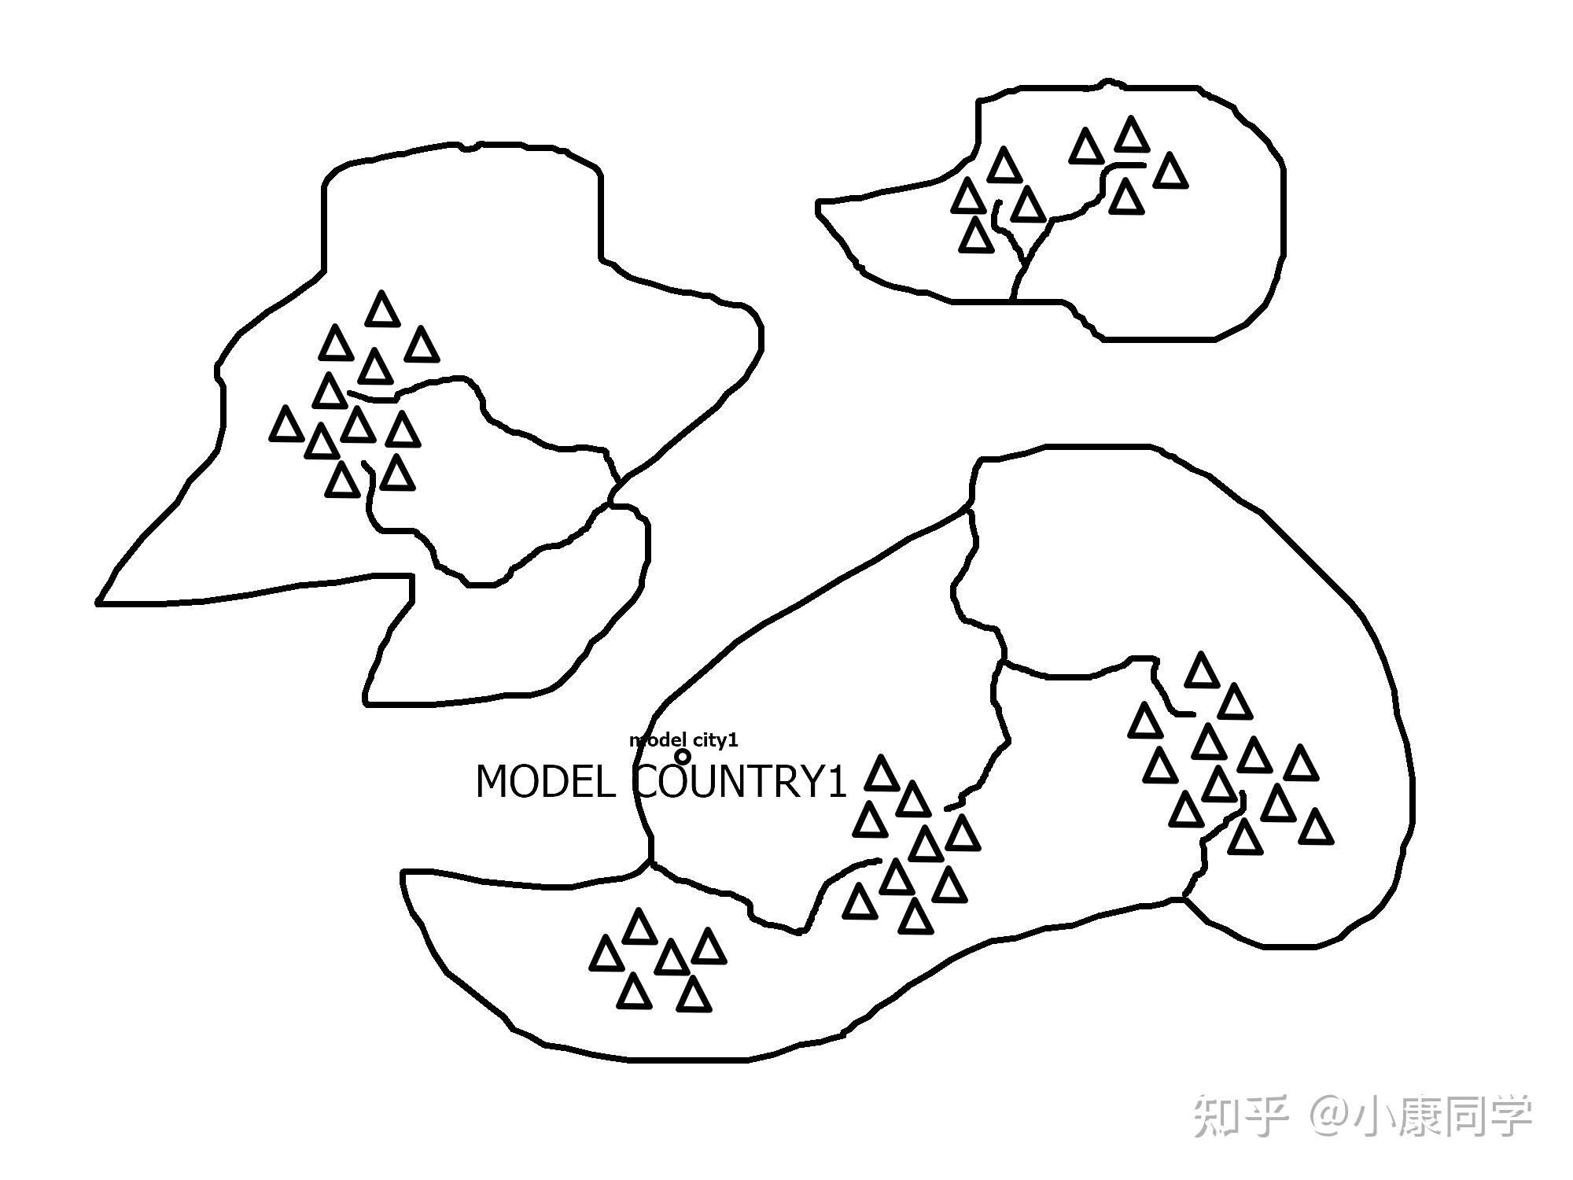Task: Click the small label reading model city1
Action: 683,740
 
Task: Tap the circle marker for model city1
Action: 683,756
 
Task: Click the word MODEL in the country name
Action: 545,783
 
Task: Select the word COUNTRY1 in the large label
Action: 740,783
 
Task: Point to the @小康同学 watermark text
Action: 1420,1117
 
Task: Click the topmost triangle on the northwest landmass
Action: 382,308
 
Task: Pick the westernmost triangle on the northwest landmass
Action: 286,424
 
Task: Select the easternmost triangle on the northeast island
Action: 1170,171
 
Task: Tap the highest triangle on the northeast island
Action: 1132,135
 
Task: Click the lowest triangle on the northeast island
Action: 976,235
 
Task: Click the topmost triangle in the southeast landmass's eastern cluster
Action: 1201,670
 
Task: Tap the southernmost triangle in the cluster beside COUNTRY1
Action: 914,916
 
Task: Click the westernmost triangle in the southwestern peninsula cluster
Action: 606,954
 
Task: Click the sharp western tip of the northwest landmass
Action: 99,603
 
